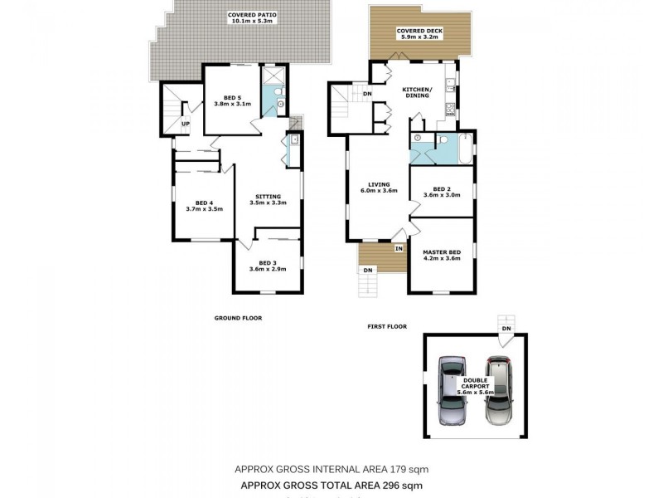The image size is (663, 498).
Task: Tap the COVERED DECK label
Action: [x=419, y=31]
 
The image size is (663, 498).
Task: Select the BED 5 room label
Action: [x=232, y=98]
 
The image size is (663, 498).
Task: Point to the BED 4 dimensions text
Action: [x=204, y=209]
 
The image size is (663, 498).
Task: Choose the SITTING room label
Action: [x=268, y=196]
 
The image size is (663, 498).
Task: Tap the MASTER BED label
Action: [x=441, y=251]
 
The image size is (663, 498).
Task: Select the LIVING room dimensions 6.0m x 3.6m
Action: [x=379, y=191]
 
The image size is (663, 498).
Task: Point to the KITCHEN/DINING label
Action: [x=416, y=92]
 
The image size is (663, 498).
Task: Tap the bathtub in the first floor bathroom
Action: [x=462, y=152]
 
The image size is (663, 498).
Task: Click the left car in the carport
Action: [x=452, y=390]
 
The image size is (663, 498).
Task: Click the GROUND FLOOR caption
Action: [x=238, y=318]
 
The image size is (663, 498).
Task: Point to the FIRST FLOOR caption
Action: [x=387, y=326]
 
